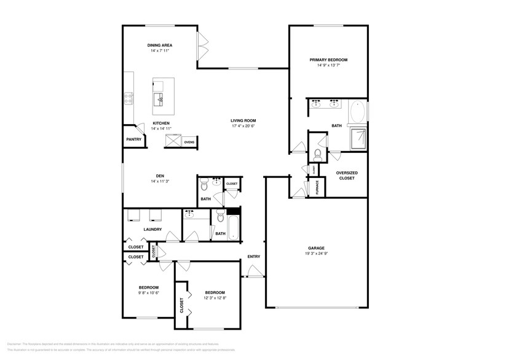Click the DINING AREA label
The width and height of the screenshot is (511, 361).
pyautogui.click(x=159, y=45)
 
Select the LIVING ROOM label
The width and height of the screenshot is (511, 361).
pyautogui.click(x=243, y=120)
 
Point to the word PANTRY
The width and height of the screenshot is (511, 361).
pyautogui.click(x=133, y=139)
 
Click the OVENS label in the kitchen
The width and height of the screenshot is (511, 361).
pyautogui.click(x=189, y=142)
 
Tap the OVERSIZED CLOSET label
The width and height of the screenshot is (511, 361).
pyautogui.click(x=347, y=175)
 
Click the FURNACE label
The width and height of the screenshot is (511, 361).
pyautogui.click(x=317, y=187)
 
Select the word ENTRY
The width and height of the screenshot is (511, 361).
pyautogui.click(x=253, y=257)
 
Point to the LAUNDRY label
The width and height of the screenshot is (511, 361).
pyautogui.click(x=153, y=230)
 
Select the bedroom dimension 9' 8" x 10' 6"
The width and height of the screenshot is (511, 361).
pyautogui.click(x=149, y=293)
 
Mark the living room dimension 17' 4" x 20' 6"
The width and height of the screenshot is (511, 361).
pyautogui.click(x=243, y=126)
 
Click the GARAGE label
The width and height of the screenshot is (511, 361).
pyautogui.click(x=316, y=248)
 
